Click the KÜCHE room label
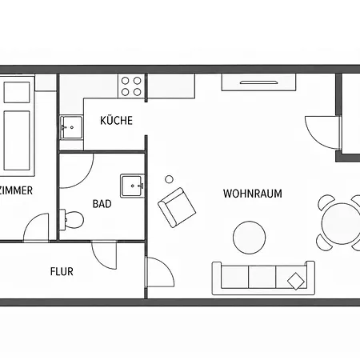point(116,120)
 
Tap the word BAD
point(102,204)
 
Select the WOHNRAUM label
point(253,194)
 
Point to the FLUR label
point(62,271)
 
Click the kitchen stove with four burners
point(131,86)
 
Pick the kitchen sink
point(71,127)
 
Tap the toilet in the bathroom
point(71,220)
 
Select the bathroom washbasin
point(132,186)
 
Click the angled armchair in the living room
point(177,207)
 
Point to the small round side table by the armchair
point(169,179)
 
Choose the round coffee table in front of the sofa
point(250,238)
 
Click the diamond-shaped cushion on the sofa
point(296,281)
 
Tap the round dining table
point(341,223)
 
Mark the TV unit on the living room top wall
point(258,82)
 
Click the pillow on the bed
point(17,92)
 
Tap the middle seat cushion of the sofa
point(262,277)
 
